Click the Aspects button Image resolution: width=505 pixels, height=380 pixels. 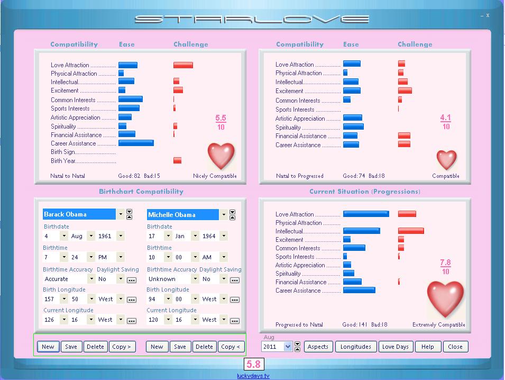point(318,347)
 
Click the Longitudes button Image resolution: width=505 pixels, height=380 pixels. point(356,347)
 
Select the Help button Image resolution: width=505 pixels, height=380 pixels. point(427,347)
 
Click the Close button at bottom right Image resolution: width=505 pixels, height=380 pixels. point(455,347)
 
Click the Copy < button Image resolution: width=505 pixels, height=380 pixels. point(231,347)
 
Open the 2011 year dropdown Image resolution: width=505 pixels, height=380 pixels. point(288,347)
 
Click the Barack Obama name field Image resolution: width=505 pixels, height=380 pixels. point(79,214)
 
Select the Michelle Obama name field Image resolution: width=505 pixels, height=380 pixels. point(182,214)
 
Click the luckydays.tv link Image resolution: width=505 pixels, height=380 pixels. point(253,376)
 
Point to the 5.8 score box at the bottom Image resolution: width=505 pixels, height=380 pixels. point(253,364)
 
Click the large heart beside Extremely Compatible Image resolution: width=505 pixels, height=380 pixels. point(445,298)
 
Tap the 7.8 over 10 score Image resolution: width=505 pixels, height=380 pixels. point(445,267)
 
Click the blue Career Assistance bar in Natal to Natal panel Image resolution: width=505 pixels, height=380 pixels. point(136,143)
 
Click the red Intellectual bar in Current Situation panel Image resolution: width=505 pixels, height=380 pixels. point(411,231)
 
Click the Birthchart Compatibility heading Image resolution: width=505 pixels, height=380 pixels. point(141,192)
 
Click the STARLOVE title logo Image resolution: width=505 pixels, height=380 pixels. point(252,20)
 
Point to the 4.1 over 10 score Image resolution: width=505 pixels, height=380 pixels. point(446,122)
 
